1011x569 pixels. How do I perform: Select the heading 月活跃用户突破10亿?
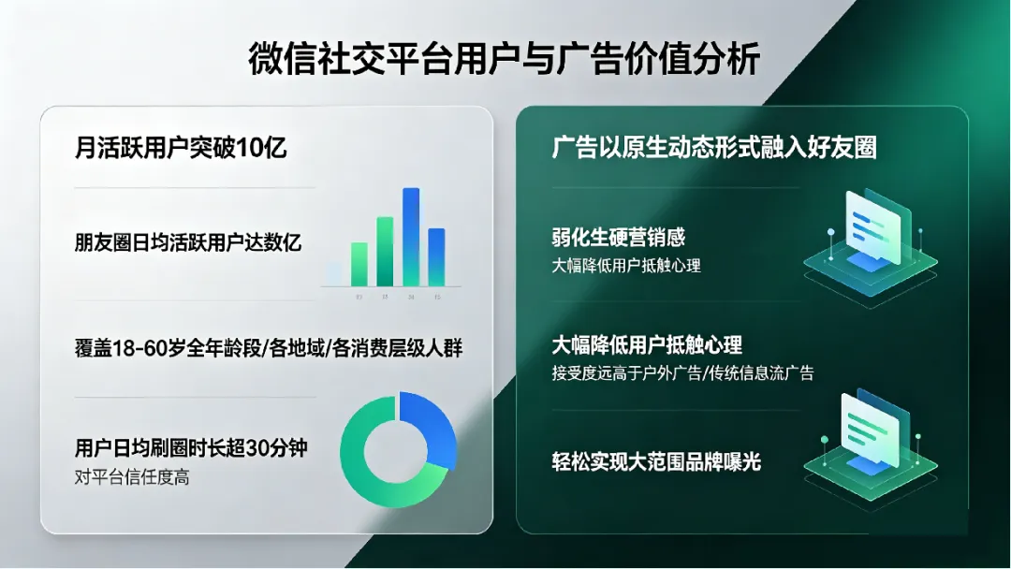[180, 148]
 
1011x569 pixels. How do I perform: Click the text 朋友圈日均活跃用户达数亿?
[187, 242]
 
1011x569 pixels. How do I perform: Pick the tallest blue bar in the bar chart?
[411, 236]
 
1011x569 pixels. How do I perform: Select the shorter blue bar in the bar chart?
[436, 256]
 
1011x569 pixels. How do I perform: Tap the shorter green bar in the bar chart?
[359, 263]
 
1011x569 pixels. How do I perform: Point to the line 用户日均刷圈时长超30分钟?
[191, 448]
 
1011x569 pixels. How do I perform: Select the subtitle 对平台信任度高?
[131, 476]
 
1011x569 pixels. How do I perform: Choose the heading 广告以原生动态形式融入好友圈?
[714, 148]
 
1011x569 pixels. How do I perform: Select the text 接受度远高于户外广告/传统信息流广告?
[683, 373]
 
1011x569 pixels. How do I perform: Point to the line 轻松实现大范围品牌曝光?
[656, 460]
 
